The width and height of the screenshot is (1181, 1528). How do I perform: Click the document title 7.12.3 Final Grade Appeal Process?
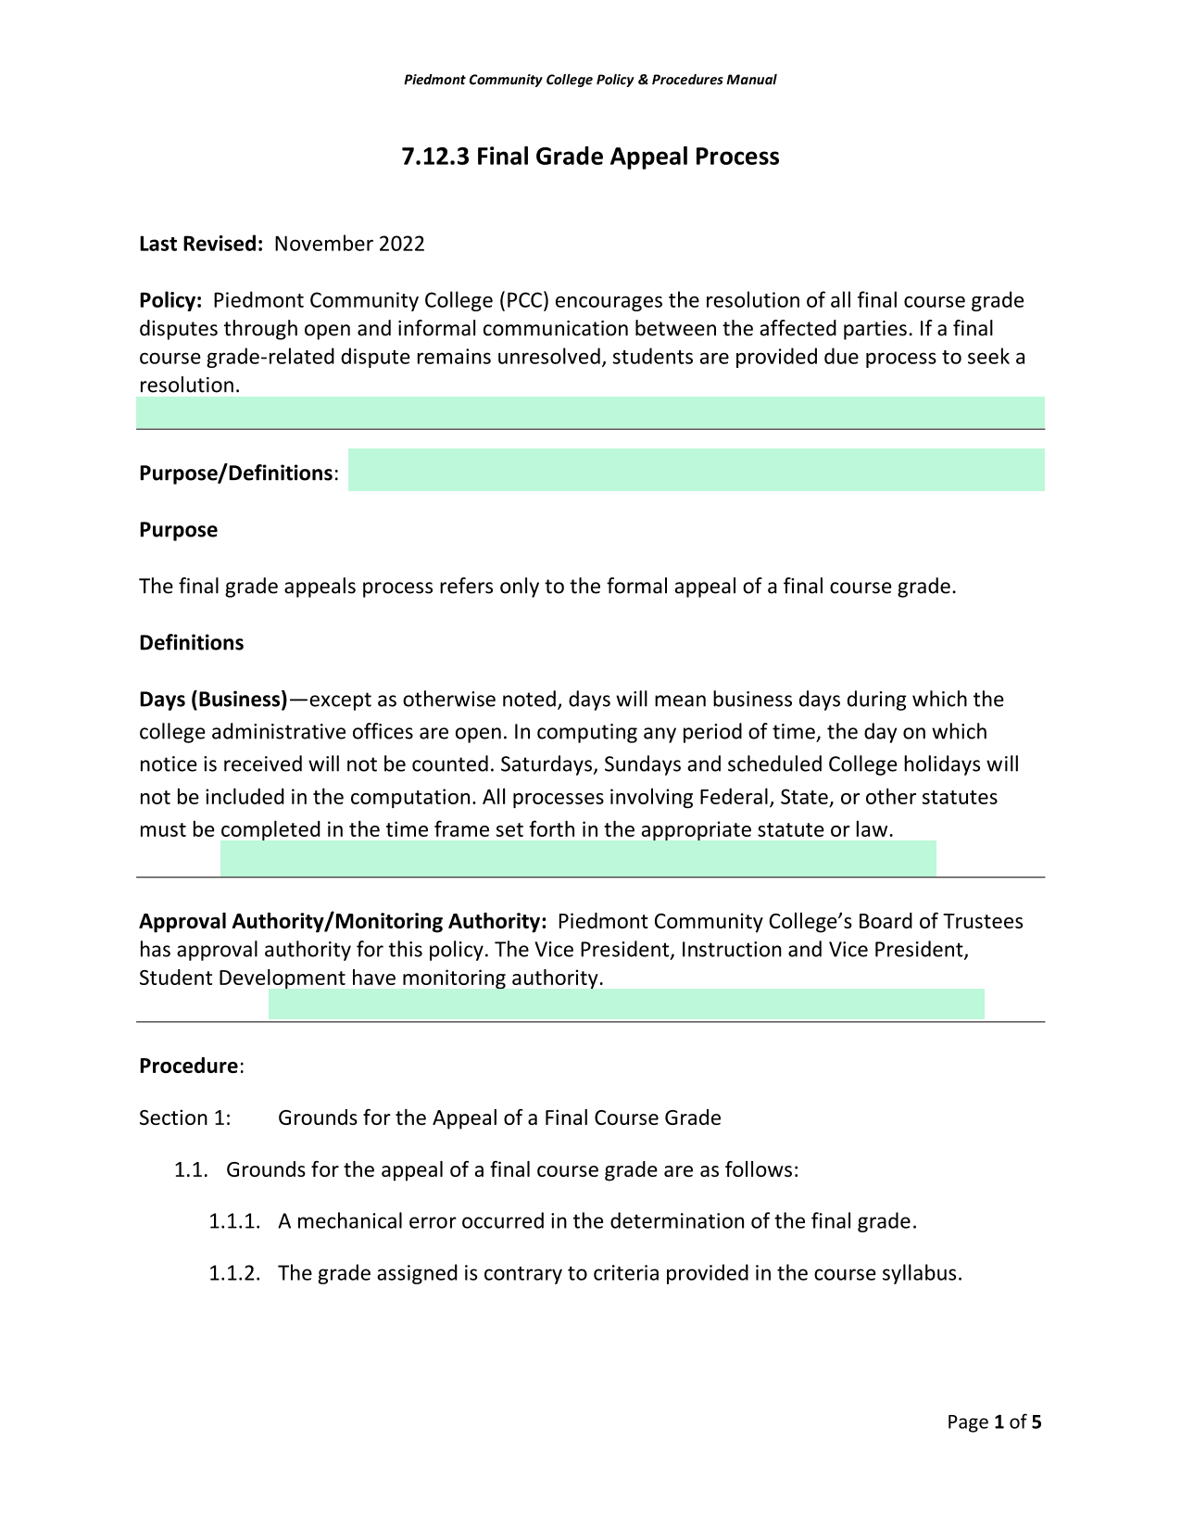[x=590, y=157]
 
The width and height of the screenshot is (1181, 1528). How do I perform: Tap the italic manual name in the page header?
[x=590, y=80]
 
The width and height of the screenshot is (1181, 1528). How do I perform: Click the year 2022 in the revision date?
[x=401, y=244]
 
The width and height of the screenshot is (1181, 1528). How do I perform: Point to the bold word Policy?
[x=170, y=300]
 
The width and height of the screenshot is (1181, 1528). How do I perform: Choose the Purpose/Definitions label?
[x=236, y=474]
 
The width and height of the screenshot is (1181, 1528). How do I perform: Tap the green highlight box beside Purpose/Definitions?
[x=696, y=470]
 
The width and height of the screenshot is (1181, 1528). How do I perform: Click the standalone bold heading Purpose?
[x=178, y=530]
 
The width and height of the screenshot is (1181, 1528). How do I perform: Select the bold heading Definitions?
[x=191, y=643]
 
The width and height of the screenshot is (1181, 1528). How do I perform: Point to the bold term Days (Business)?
[x=213, y=700]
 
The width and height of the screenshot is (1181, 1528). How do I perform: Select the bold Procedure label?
[x=189, y=1066]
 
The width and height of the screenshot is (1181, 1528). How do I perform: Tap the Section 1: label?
[x=184, y=1118]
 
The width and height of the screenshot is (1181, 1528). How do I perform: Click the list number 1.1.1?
[x=234, y=1221]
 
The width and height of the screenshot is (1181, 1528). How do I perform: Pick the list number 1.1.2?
[x=234, y=1273]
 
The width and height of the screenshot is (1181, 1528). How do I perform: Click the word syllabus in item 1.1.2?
[x=917, y=1273]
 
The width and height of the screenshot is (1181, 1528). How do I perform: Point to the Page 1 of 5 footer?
[x=994, y=1422]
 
